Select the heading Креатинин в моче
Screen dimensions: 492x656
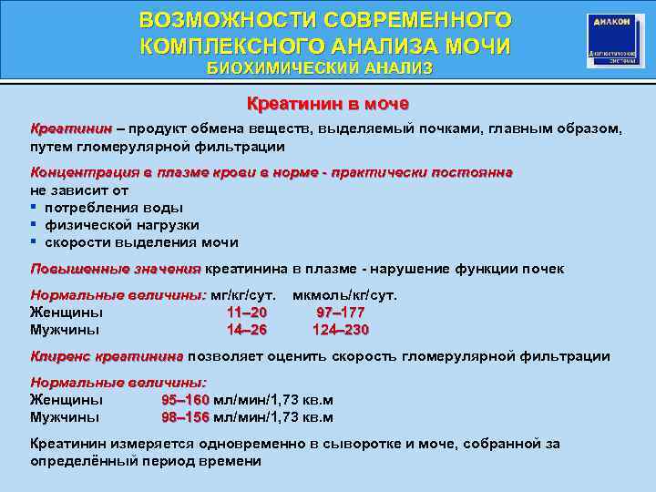pyautogui.click(x=328, y=104)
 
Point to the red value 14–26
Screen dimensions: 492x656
pyautogui.click(x=247, y=330)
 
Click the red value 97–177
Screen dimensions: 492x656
pyautogui.click(x=341, y=313)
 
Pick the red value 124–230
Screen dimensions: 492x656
pyautogui.click(x=341, y=330)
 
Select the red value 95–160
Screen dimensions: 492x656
pyautogui.click(x=185, y=400)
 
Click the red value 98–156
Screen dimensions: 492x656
pyautogui.click(x=185, y=417)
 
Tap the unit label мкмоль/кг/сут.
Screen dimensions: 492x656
pyautogui.click(x=344, y=295)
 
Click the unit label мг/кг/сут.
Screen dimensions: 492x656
pyautogui.click(x=243, y=295)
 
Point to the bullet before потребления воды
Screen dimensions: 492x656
pyautogui.click(x=33, y=208)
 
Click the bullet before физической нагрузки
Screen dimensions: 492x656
pyautogui.click(x=33, y=225)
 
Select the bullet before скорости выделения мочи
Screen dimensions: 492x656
pyautogui.click(x=33, y=242)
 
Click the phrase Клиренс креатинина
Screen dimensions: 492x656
pyautogui.click(x=107, y=356)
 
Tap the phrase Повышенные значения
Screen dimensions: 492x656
pyautogui.click(x=115, y=269)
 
